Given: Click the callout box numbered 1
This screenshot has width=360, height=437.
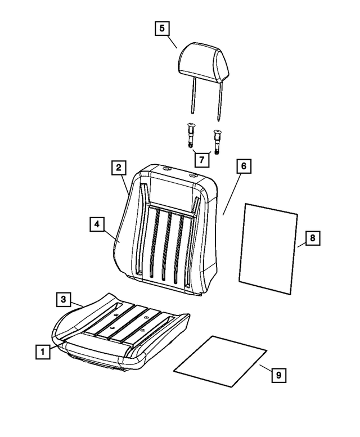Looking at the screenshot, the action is (41, 353).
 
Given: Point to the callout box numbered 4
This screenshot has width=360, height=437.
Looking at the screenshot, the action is (97, 224).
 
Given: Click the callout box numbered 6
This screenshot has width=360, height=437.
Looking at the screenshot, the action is (243, 167).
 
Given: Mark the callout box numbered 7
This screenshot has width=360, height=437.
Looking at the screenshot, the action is (200, 159).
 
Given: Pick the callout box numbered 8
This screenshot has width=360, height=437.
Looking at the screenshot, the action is (313, 238).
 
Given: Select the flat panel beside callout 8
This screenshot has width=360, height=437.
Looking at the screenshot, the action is (268, 248).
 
